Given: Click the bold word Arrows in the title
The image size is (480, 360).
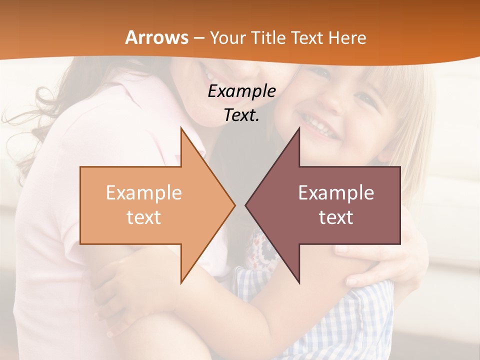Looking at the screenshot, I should (x=156, y=38).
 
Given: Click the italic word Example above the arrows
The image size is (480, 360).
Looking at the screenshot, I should (x=242, y=91).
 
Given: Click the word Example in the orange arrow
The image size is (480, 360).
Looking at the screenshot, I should (x=144, y=193).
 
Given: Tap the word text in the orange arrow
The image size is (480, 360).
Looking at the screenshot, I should (x=144, y=217).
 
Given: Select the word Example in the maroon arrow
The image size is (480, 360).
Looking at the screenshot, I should (x=336, y=193).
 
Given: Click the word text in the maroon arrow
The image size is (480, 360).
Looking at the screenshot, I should (x=336, y=217).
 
